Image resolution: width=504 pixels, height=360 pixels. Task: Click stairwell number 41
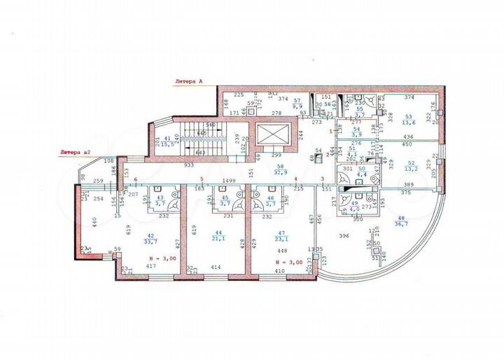click(168, 138)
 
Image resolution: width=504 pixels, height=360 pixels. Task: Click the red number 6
click(135, 180)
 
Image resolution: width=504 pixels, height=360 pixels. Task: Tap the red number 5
click(202, 179)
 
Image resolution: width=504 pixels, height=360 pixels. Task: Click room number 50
click(362, 169)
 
